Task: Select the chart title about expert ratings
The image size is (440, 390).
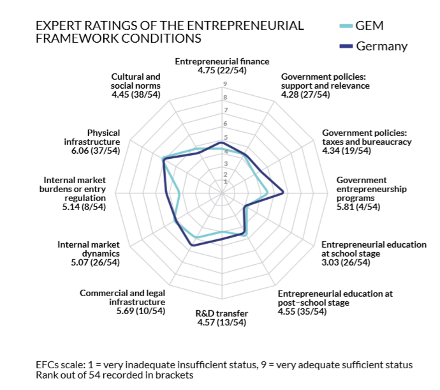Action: pyautogui.click(x=170, y=32)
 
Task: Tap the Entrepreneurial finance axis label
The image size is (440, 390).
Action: pyautogui.click(x=222, y=61)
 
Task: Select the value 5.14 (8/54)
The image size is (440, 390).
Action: pyautogui.click(x=82, y=207)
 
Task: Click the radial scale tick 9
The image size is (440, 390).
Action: pyautogui.click(x=225, y=84)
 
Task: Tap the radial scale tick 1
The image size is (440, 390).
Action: pyautogui.click(x=225, y=182)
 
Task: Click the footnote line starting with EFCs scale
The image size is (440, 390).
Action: pyautogui.click(x=224, y=364)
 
